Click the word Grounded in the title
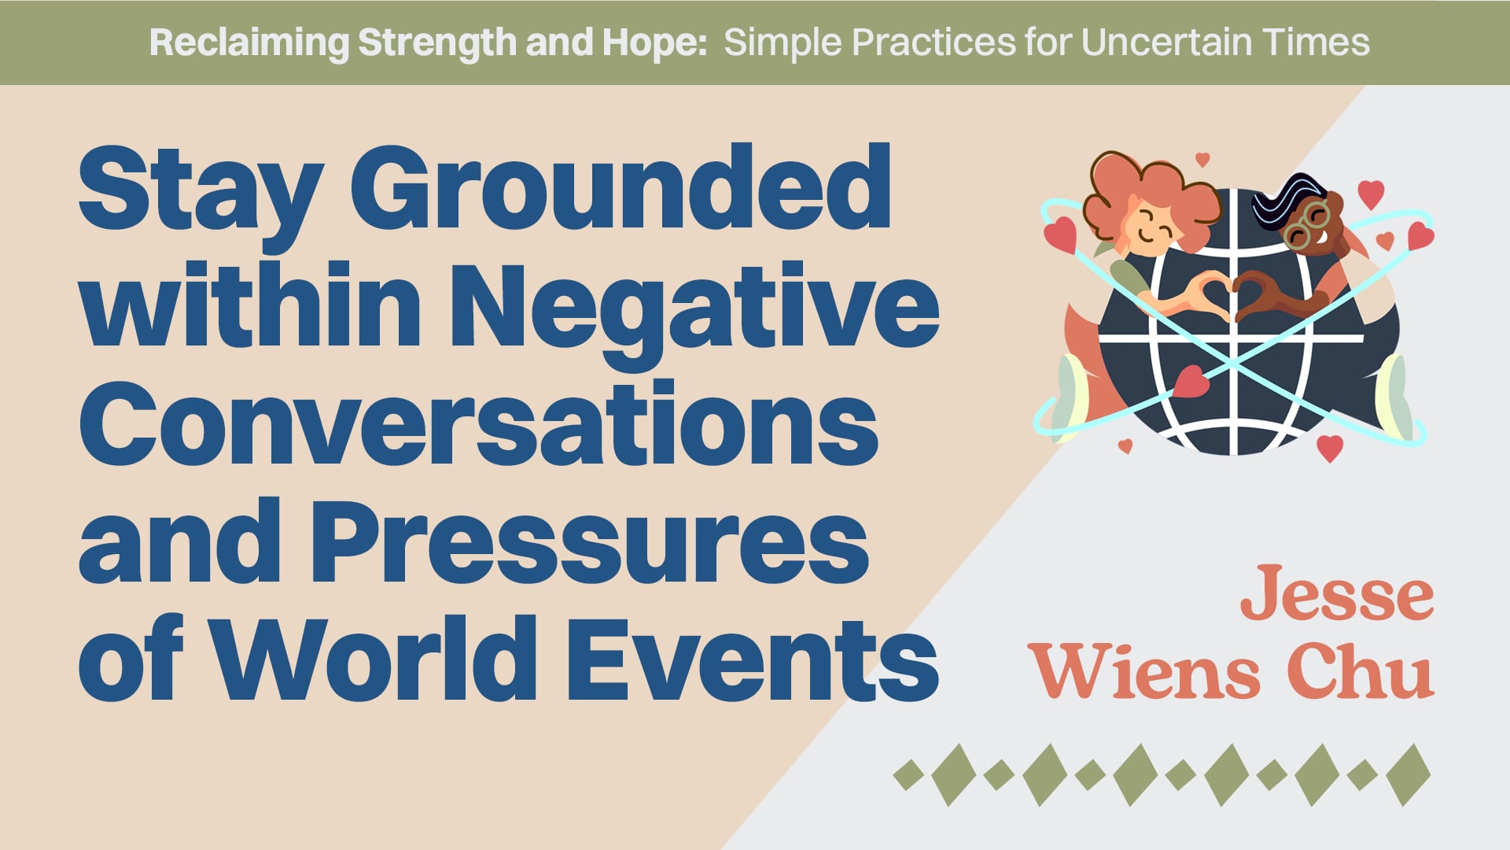pyautogui.click(x=621, y=189)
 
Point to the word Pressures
pyautogui.click(x=590, y=543)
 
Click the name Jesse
pyautogui.click(x=1337, y=594)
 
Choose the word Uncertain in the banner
pyautogui.click(x=1165, y=42)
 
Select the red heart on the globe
pyautogui.click(x=1191, y=382)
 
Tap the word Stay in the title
pyautogui.click(x=201, y=189)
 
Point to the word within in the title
pyautogui.click(x=252, y=307)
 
